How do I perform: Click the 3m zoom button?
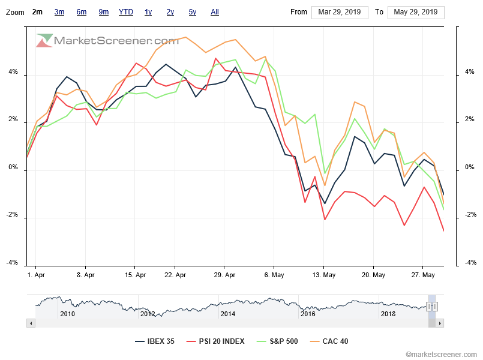(x=59, y=12)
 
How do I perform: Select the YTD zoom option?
(x=126, y=12)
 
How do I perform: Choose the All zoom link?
(x=215, y=12)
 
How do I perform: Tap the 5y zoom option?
(x=192, y=12)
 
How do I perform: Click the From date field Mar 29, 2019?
(x=339, y=12)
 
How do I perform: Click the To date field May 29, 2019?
(x=416, y=12)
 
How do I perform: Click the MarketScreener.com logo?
(x=108, y=41)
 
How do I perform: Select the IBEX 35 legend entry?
(x=155, y=341)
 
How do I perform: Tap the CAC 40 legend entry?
(x=329, y=341)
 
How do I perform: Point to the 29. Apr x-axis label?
(x=224, y=275)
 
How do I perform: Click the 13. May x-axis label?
(x=323, y=275)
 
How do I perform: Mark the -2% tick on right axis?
(x=471, y=215)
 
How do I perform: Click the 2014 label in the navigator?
(x=227, y=313)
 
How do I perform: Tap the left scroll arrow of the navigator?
(x=31, y=323)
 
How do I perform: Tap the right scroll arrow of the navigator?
(x=440, y=323)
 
